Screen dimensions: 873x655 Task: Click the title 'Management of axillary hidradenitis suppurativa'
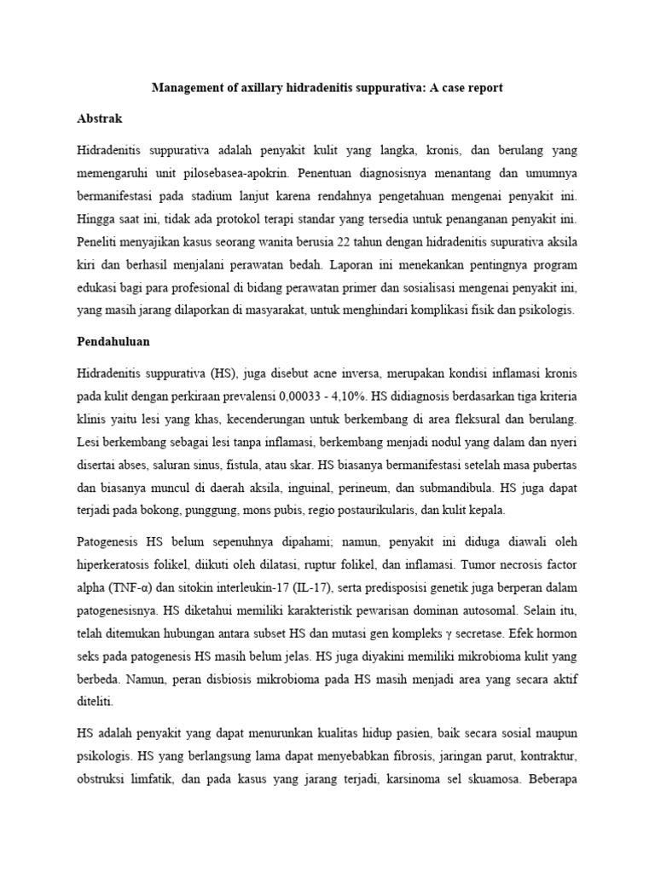pyautogui.click(x=327, y=88)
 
